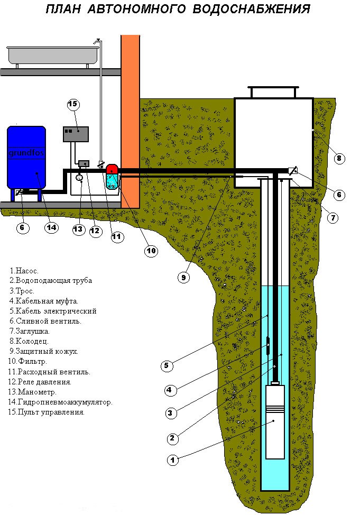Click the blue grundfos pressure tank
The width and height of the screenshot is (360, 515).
(26, 159)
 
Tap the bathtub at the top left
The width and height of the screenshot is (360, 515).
(53, 56)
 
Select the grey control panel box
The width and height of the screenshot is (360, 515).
(76, 134)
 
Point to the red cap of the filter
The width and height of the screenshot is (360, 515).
(112, 169)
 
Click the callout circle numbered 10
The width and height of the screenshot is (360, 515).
(151, 251)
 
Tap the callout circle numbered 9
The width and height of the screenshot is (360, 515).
(183, 278)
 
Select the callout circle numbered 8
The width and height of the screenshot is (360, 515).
(339, 159)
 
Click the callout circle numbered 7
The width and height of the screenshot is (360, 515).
(333, 218)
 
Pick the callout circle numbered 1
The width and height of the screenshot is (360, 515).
(173, 460)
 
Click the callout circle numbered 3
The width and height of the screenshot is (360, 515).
(170, 413)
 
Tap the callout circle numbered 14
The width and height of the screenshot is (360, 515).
(52, 227)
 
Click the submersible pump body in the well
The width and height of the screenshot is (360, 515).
(274, 421)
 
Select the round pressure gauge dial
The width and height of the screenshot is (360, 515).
(79, 177)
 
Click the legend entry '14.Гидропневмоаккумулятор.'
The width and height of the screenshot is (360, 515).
(60, 402)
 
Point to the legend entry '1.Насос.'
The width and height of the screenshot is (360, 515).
(24, 271)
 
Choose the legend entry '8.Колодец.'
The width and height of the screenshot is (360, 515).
(29, 341)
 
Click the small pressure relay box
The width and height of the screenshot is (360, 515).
(84, 163)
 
